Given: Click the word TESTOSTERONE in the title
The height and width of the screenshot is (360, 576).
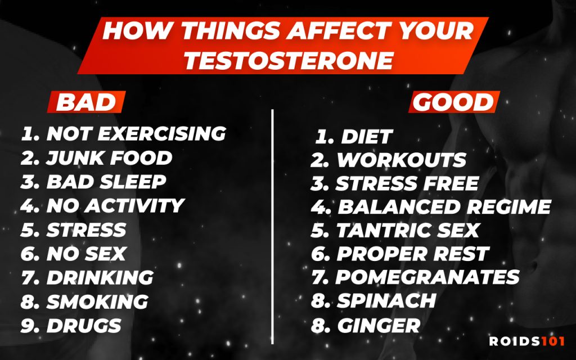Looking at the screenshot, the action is click(289, 61).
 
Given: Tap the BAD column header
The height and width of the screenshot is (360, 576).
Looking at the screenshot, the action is click(86, 102).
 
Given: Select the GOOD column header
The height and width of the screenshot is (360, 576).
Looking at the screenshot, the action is click(454, 102).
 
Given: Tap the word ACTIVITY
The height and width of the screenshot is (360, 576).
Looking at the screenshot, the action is click(134, 206).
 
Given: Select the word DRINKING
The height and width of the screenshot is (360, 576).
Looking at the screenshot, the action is click(100, 278).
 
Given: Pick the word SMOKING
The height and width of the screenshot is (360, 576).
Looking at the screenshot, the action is click(97, 302).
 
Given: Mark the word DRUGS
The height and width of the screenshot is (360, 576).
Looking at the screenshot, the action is click(84, 326).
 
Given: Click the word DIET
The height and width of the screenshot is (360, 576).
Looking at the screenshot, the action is click(367, 137).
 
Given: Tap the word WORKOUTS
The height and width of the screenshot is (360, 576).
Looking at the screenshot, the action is click(402, 160).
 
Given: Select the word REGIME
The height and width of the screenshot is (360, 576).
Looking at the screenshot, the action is click(509, 207).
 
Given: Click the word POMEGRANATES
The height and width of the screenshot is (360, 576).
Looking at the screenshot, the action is click(427, 277).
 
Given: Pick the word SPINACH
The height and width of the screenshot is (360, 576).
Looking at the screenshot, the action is click(386, 301).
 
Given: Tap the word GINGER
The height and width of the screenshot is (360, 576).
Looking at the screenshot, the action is click(379, 326).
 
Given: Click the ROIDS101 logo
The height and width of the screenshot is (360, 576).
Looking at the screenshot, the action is click(526, 341).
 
